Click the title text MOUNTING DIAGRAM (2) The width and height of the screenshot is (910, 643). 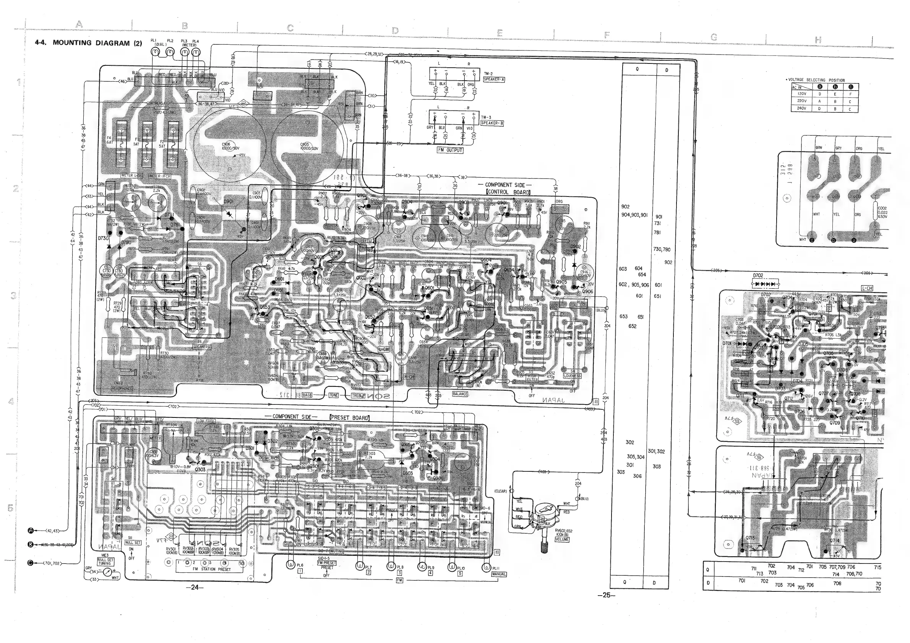click(x=97, y=43)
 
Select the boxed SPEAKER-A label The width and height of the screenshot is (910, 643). click(x=493, y=79)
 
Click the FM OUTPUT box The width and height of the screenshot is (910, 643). click(x=450, y=150)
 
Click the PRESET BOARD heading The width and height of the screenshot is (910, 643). click(x=349, y=418)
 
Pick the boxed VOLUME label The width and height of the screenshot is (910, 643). click(x=562, y=539)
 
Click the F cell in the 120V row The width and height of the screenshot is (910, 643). click(x=850, y=94)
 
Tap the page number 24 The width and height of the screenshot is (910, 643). click(x=194, y=588)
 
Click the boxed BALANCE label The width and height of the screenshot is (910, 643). click(x=460, y=394)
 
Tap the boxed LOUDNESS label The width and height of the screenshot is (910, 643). click(x=572, y=376)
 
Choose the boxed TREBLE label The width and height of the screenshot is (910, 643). click(x=358, y=396)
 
